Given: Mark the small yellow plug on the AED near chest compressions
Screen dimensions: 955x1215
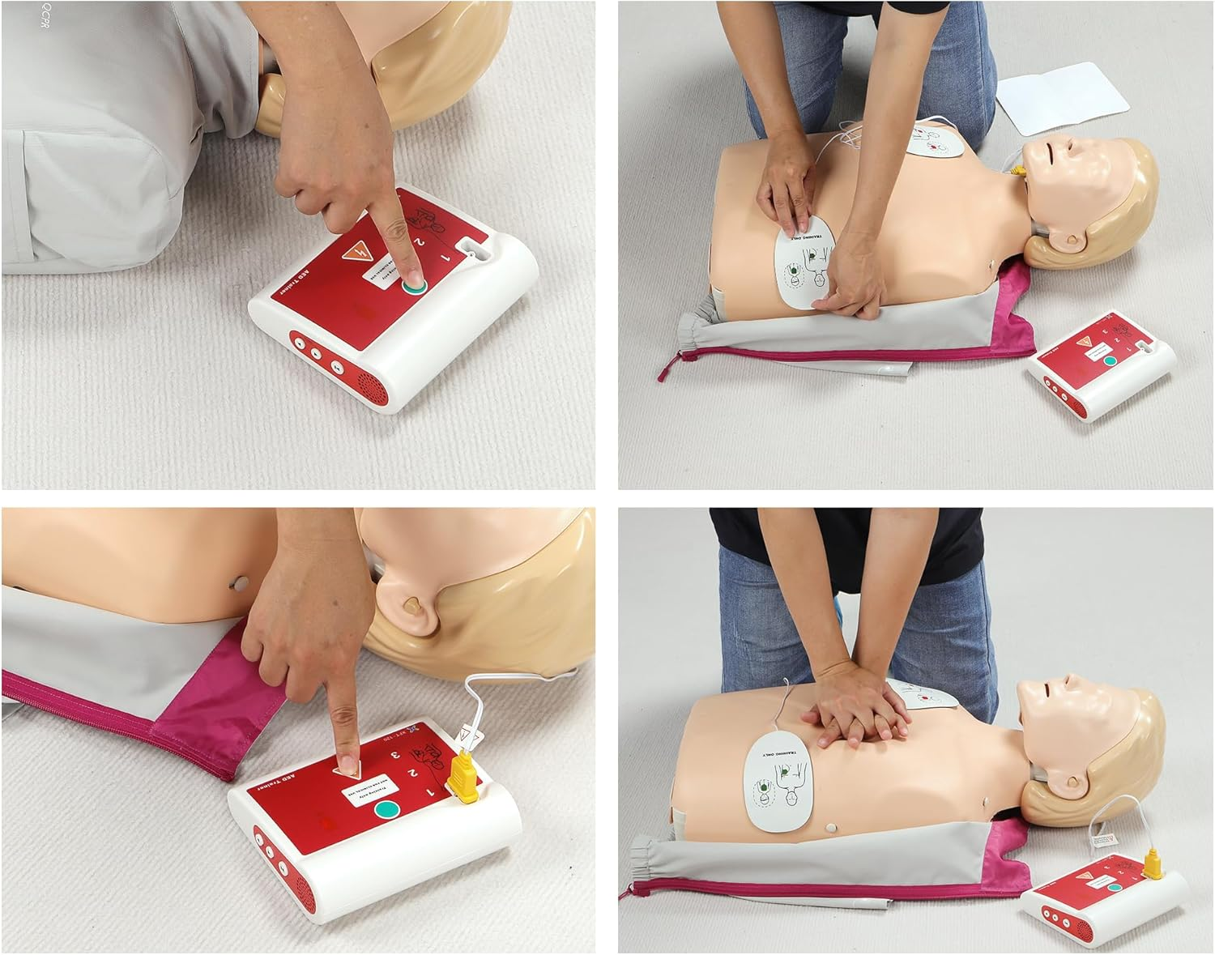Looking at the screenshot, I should tap(1153, 865).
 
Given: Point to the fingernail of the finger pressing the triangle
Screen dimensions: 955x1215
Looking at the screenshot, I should tap(347, 765).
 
